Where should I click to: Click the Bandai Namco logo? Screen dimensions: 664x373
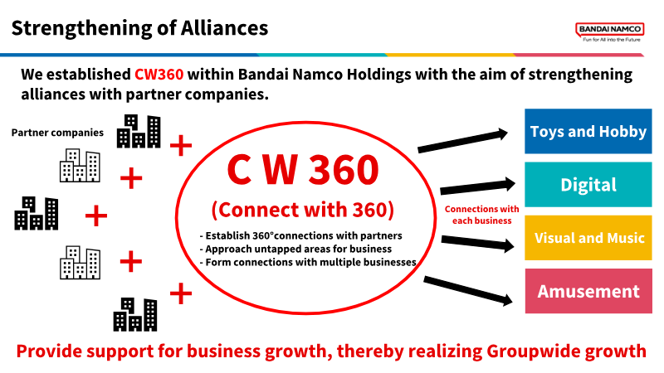(x=610, y=31)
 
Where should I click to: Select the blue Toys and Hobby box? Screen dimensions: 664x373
(x=588, y=131)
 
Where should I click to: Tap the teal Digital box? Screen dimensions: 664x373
(x=588, y=184)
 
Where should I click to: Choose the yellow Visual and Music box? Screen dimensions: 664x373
(x=588, y=238)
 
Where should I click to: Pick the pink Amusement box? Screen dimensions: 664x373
(x=588, y=291)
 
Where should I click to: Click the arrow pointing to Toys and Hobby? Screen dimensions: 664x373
(x=462, y=141)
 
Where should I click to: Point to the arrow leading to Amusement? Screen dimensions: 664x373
(x=468, y=291)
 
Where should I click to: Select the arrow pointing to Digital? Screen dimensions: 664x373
(x=478, y=186)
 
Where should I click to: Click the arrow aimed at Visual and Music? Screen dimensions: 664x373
(x=478, y=243)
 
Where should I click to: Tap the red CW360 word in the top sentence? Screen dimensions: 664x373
(x=159, y=74)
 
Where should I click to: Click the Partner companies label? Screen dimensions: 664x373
(x=57, y=133)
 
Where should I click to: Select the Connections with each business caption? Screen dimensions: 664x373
(x=482, y=215)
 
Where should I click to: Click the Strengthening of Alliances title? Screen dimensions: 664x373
(x=139, y=28)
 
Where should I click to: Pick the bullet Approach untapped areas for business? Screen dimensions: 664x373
(x=295, y=249)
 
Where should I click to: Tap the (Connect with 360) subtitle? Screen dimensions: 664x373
(x=303, y=210)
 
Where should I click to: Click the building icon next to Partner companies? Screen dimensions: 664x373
(x=139, y=131)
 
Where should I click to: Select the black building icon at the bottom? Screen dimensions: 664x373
(x=135, y=314)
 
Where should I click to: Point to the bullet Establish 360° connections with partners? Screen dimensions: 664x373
(x=300, y=235)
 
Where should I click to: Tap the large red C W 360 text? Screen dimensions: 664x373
(x=303, y=170)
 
